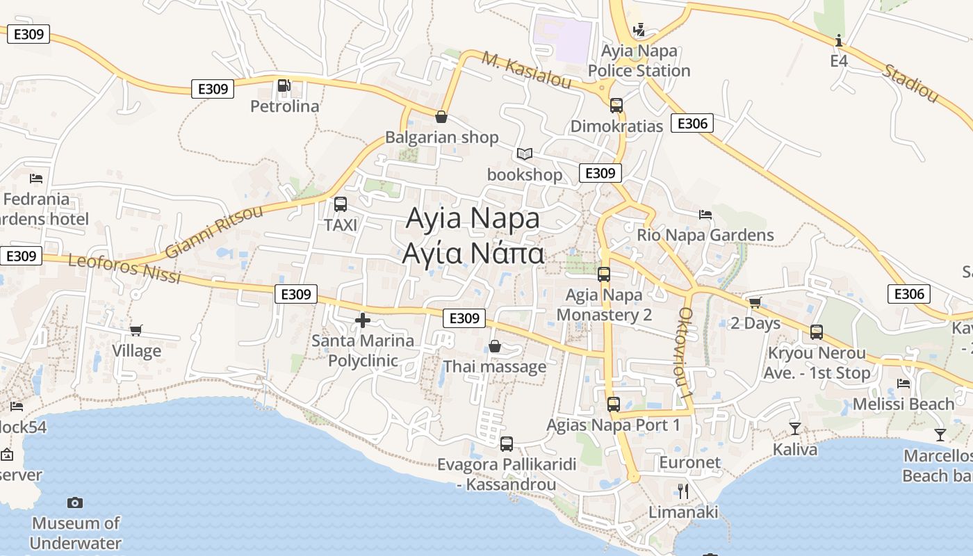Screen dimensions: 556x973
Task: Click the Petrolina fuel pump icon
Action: coord(284,85)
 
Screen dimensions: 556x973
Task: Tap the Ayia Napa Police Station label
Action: coord(639,61)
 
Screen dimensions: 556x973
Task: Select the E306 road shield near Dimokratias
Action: coord(692,124)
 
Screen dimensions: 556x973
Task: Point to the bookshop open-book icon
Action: coord(525,154)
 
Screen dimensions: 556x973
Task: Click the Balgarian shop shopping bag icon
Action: coord(441,117)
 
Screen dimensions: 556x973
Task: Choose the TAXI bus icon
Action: coord(341,204)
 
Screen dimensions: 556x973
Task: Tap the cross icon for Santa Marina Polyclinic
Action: coord(363,320)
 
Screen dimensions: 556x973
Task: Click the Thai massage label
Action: coord(495,366)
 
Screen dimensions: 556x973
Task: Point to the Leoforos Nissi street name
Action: coord(125,269)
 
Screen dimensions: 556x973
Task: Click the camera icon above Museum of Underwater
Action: coord(75,502)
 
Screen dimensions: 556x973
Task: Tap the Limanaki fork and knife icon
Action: coord(683,491)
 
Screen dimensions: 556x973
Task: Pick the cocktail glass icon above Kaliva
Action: coord(795,429)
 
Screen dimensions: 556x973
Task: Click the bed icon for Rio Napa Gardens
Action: coord(705,215)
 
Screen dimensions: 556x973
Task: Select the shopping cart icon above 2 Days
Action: coord(755,303)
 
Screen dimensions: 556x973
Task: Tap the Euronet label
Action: coord(689,463)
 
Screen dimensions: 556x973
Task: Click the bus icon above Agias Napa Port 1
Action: coord(614,404)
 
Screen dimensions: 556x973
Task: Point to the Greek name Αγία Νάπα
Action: coord(473,254)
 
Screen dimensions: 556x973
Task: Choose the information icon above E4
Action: coord(839,41)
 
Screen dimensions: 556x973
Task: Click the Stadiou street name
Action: coord(910,83)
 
